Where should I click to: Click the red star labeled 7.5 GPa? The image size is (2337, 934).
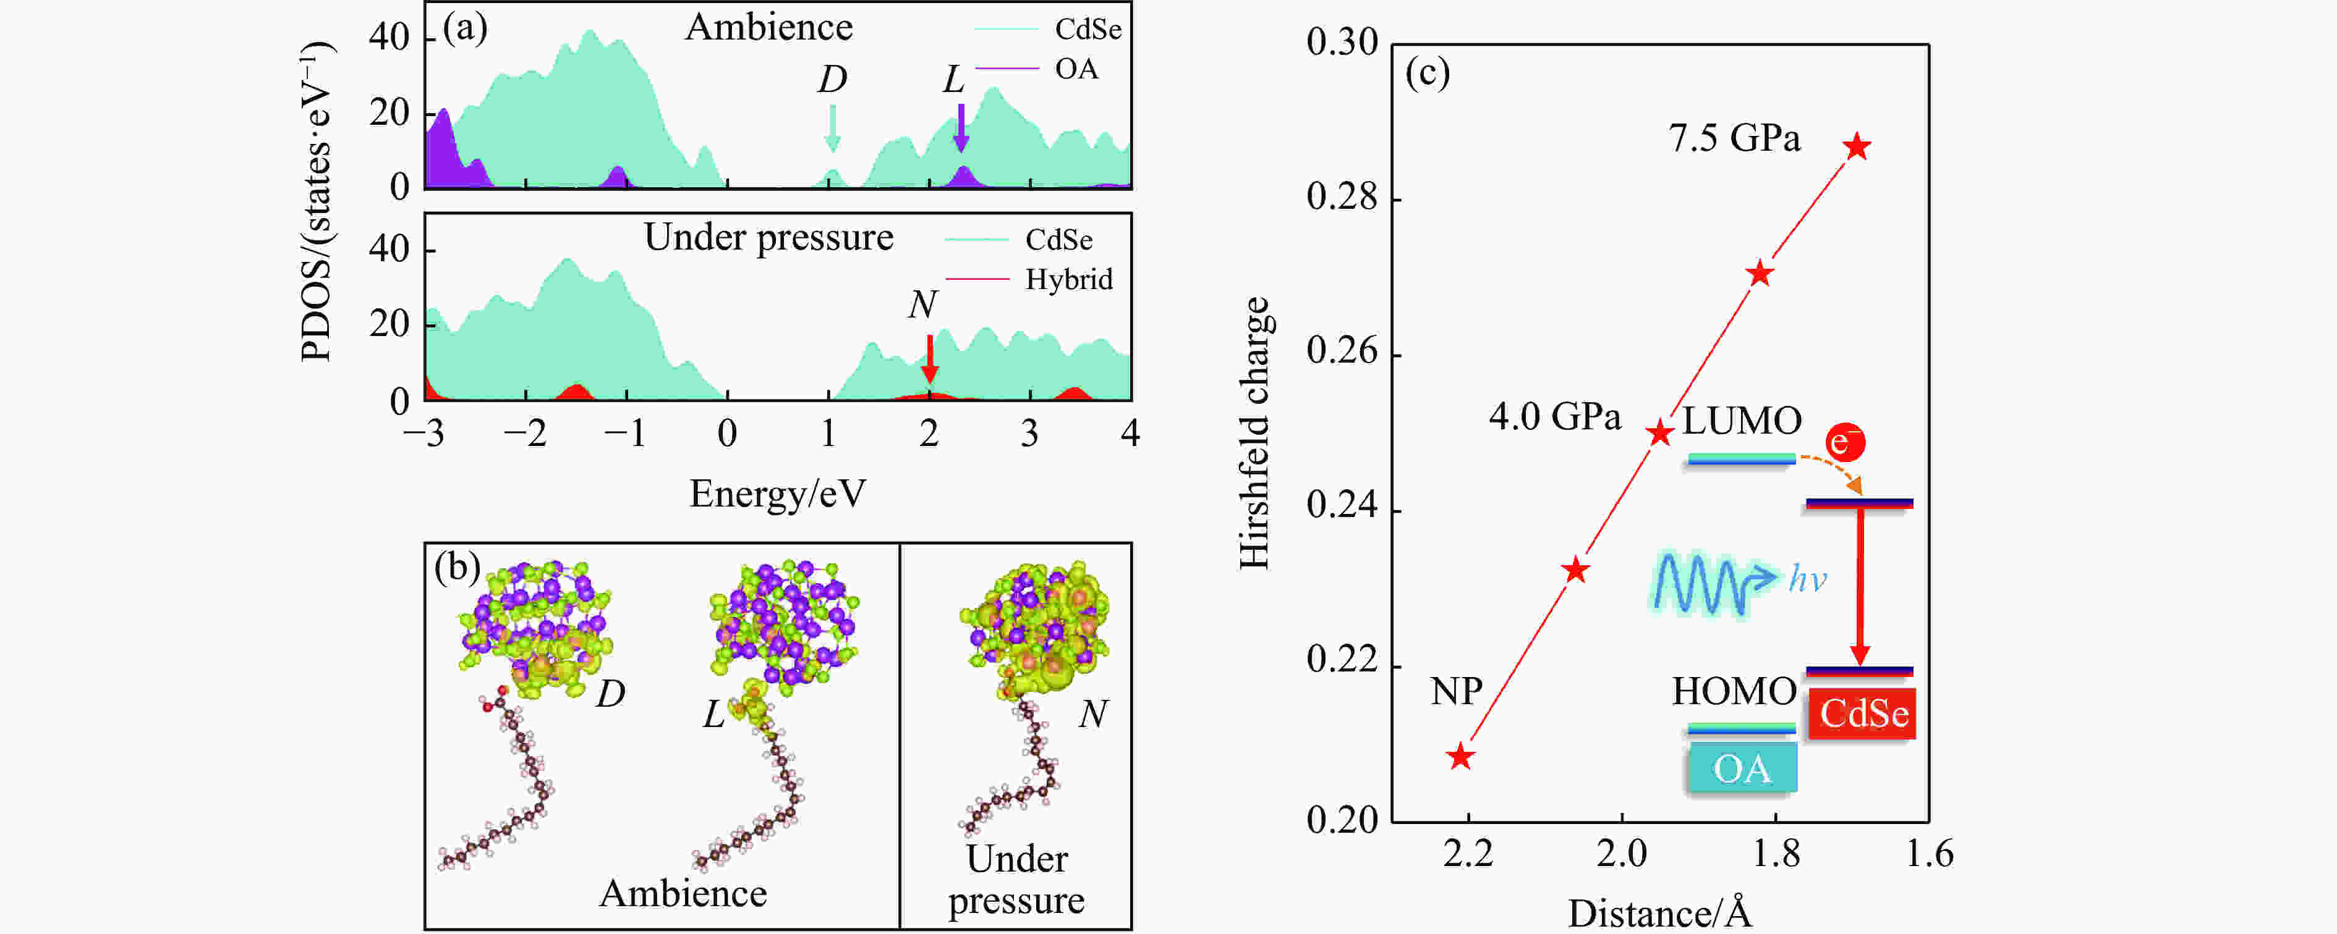coord(1857,146)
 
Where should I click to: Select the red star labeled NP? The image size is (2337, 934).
coord(1460,756)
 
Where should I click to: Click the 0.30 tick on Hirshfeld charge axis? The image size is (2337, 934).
coord(1342,43)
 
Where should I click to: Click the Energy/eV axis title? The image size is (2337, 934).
coord(778,494)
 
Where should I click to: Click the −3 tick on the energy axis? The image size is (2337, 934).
coord(425,434)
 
